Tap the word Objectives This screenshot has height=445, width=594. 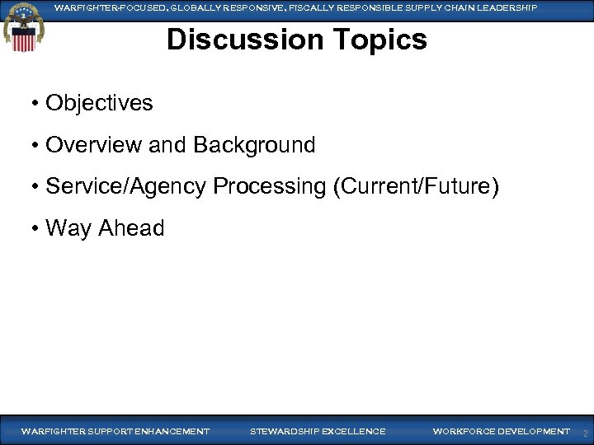click(99, 103)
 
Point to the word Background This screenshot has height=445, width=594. click(254, 145)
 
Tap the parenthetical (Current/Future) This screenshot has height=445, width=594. click(416, 186)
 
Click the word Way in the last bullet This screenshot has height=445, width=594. click(68, 227)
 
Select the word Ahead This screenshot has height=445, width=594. click(131, 227)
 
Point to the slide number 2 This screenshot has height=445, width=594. click(585, 433)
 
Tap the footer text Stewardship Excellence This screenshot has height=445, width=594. click(318, 431)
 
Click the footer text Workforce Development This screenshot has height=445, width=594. click(501, 431)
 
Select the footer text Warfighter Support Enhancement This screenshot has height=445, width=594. click(115, 431)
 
